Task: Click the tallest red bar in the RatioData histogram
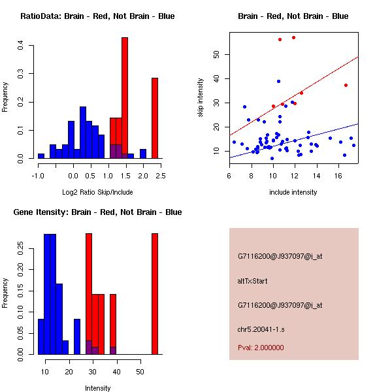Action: coord(125,98)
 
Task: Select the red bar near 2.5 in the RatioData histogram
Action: coord(155,118)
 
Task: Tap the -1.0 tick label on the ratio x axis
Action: coord(38,175)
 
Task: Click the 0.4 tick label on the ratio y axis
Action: coord(21,46)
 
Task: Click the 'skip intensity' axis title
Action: coord(201,97)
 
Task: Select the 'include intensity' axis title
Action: coord(293,192)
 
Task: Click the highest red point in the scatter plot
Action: coord(293,37)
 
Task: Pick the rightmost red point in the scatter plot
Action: coord(346,85)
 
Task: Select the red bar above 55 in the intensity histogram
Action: coord(155,294)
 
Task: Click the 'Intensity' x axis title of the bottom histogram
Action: coord(97,388)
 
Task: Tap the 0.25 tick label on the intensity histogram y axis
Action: coord(21,248)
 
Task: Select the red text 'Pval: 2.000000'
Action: coord(261,348)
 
